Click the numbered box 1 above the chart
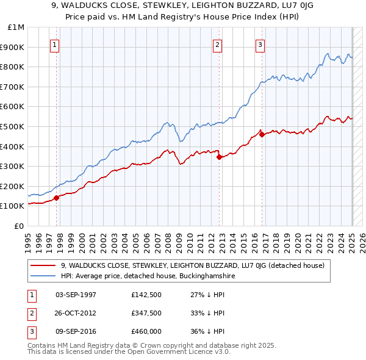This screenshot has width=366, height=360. click(55, 44)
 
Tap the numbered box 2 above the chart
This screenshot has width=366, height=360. click(217, 44)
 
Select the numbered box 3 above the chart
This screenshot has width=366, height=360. click(260, 44)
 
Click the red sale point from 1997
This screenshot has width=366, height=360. click(56, 197)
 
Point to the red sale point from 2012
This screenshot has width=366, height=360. click(219, 157)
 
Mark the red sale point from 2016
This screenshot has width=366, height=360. click(262, 134)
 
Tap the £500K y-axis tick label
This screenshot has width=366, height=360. click(13, 126)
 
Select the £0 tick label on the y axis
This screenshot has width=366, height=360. click(20, 226)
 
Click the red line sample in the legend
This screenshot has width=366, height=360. click(43, 265)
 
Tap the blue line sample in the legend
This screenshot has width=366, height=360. click(43, 276)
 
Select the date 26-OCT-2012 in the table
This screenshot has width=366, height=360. click(76, 313)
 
